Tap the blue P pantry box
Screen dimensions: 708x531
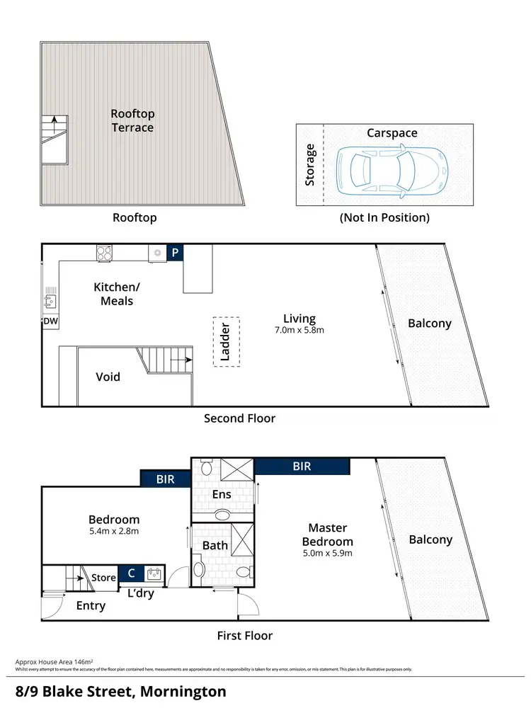pos(175,253)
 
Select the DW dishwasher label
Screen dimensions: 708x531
pos(50,321)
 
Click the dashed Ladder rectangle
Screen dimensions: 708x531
pos(226,341)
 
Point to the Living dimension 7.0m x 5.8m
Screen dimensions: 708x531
pos(299,330)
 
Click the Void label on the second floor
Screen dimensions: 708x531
pos(108,377)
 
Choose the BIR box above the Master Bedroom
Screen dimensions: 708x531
pos(301,467)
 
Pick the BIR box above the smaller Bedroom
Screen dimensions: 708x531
pos(166,479)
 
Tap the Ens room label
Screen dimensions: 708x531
pos(222,494)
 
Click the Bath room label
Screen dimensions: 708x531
pos(215,545)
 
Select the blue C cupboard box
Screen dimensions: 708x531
pos(131,573)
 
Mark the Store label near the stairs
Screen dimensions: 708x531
pos(103,578)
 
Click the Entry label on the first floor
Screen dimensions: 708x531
pos(91,605)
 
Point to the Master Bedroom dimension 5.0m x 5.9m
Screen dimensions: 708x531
pos(327,553)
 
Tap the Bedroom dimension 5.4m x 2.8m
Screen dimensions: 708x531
pos(113,531)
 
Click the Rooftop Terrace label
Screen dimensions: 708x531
pos(132,120)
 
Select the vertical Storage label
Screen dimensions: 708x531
pos(309,165)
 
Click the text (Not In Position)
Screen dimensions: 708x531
pos(384,217)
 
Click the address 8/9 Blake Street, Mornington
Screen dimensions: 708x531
pos(121,690)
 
